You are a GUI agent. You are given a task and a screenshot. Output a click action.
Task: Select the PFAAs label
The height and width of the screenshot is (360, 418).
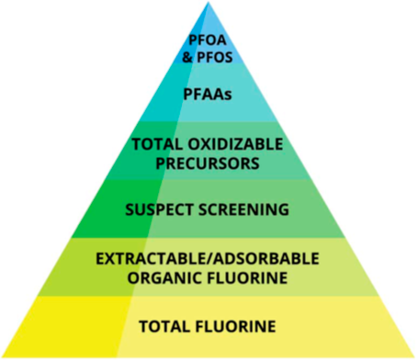(x=207, y=95)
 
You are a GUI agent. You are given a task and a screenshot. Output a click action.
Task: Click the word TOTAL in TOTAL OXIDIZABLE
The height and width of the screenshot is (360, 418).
(x=153, y=145)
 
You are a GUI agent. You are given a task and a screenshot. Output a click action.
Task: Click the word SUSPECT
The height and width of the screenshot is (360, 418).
(x=160, y=209)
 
